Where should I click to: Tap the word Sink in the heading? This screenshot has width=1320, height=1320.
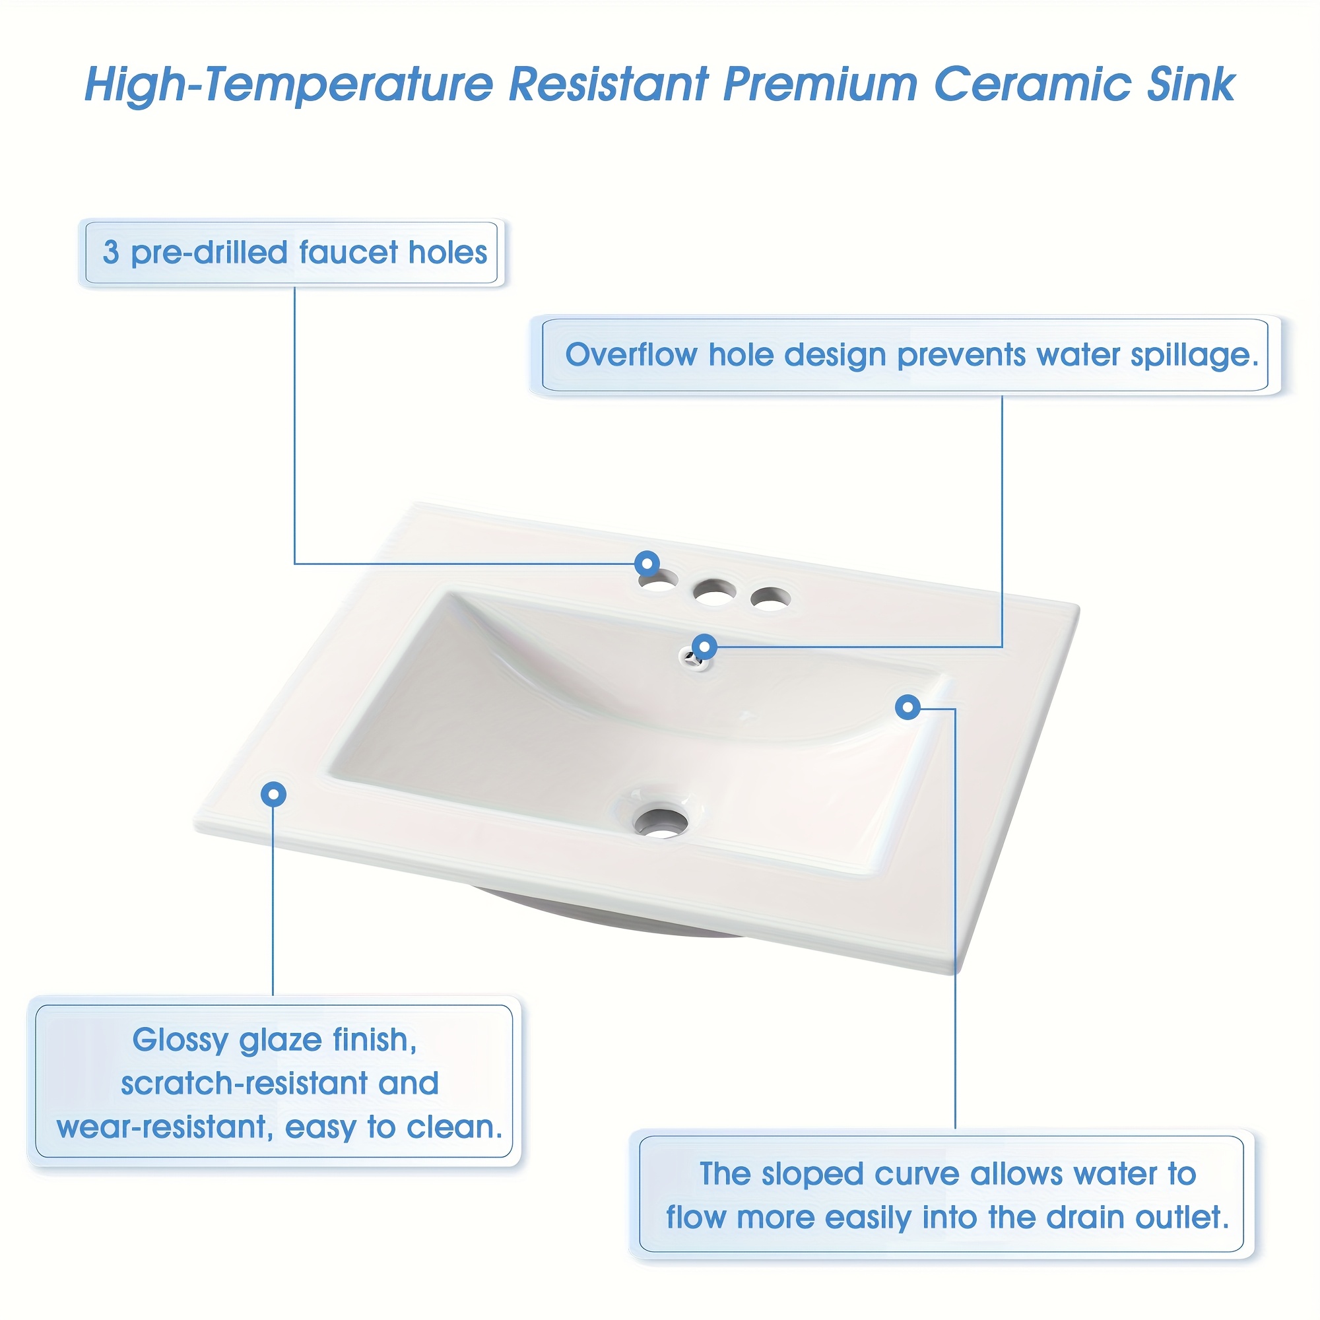pyautogui.click(x=1191, y=84)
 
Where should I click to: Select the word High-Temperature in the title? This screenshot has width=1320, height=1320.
pyautogui.click(x=288, y=85)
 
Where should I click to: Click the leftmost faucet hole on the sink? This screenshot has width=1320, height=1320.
pyautogui.click(x=658, y=582)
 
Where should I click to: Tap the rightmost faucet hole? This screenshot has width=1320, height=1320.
pyautogui.click(x=770, y=598)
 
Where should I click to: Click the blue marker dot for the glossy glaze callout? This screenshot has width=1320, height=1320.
pyautogui.click(x=273, y=794)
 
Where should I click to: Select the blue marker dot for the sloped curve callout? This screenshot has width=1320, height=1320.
pyautogui.click(x=907, y=707)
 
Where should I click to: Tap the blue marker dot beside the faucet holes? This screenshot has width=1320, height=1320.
pyautogui.click(x=646, y=564)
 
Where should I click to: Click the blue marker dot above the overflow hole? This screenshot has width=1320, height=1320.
pyautogui.click(x=704, y=645)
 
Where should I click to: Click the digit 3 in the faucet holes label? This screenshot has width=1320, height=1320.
pyautogui.click(x=111, y=253)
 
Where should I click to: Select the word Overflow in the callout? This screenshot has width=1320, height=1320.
pyautogui.click(x=632, y=354)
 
